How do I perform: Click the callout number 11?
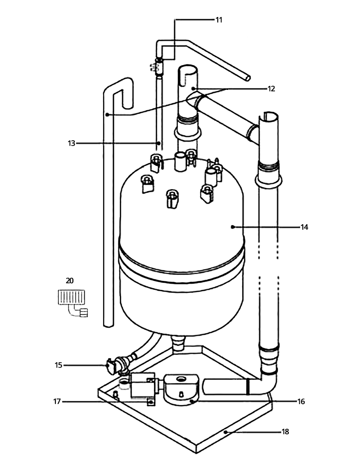coord(219,20)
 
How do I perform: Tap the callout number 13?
coord(71,143)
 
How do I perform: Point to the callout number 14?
coord(304,227)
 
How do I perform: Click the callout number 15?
coord(58,365)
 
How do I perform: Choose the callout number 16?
coord(301,401)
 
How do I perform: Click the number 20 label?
coord(70,281)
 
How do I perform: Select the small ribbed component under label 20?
coord(71,297)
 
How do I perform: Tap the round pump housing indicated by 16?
coord(181,389)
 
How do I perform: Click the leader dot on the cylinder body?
coord(232,227)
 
